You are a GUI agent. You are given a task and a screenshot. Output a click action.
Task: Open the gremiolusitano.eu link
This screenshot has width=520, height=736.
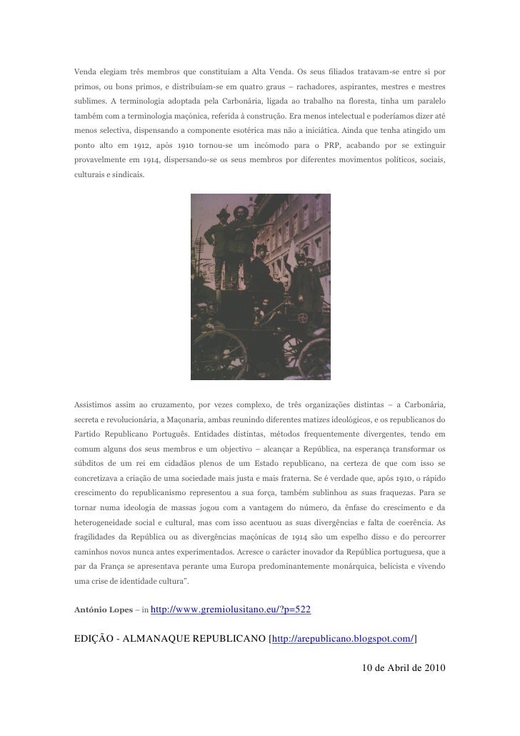tap(231, 610)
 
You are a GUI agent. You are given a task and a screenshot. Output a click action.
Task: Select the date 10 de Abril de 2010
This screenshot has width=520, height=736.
tap(404, 669)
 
